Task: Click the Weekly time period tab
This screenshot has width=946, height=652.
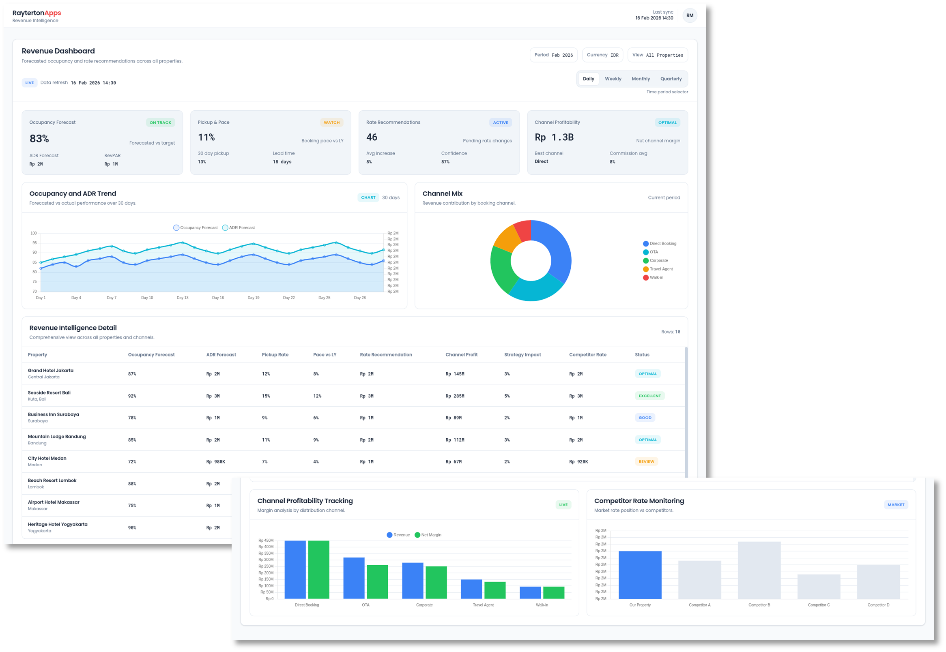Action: pos(613,79)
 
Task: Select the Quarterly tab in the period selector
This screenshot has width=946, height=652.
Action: pos(671,79)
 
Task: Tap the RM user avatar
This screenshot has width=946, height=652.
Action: pos(689,15)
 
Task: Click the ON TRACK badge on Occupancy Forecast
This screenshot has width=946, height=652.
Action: pos(160,122)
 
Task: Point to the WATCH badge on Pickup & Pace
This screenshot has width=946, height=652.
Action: pos(331,122)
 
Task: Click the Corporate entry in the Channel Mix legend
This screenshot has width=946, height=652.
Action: pos(658,261)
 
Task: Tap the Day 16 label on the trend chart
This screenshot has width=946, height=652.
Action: pos(218,298)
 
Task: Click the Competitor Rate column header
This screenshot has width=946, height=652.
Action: pos(587,355)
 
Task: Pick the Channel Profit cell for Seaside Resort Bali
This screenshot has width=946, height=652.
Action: pos(454,396)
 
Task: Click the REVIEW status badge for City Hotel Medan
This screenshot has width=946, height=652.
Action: pos(646,461)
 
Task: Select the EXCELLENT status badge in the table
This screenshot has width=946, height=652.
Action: pos(649,396)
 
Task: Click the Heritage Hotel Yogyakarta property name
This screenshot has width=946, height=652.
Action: pos(58,524)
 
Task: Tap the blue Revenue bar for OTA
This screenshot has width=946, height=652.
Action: pos(354,578)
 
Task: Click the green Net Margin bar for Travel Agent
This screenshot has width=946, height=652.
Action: pos(495,590)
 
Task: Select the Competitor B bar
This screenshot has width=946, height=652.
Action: pos(759,570)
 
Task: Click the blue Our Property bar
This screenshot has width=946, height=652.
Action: pos(640,575)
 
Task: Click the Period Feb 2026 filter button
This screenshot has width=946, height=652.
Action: pos(553,55)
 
